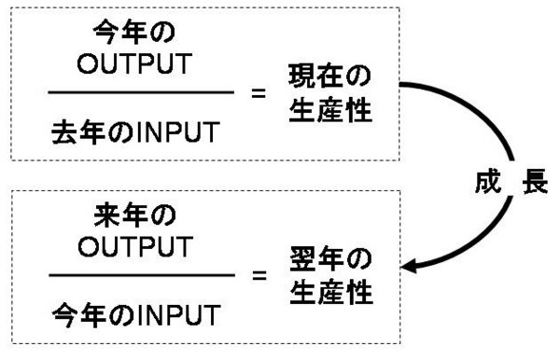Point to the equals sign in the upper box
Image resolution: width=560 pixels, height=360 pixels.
[259, 93]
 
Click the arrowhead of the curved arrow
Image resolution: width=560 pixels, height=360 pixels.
[408, 269]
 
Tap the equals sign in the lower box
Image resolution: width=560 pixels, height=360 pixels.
[259, 276]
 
